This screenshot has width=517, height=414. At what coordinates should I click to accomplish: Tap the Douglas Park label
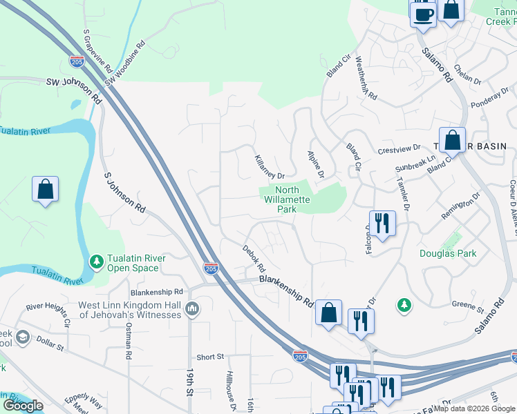(448, 253)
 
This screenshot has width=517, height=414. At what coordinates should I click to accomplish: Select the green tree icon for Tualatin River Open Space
(97, 262)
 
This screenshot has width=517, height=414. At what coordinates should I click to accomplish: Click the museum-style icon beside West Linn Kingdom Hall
(193, 309)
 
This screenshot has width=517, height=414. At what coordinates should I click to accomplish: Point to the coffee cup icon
(422, 13)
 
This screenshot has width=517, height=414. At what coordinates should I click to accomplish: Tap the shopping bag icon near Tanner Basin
(451, 140)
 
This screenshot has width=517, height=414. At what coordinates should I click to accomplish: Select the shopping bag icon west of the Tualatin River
(45, 189)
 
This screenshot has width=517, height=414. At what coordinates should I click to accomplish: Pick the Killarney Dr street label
(270, 166)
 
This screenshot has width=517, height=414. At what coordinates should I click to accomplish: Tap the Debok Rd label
(253, 257)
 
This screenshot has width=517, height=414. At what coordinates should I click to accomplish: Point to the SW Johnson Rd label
(73, 90)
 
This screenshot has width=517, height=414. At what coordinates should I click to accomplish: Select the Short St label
(210, 357)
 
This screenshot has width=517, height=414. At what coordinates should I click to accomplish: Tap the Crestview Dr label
(399, 149)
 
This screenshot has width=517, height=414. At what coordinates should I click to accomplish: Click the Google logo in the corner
(23, 405)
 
